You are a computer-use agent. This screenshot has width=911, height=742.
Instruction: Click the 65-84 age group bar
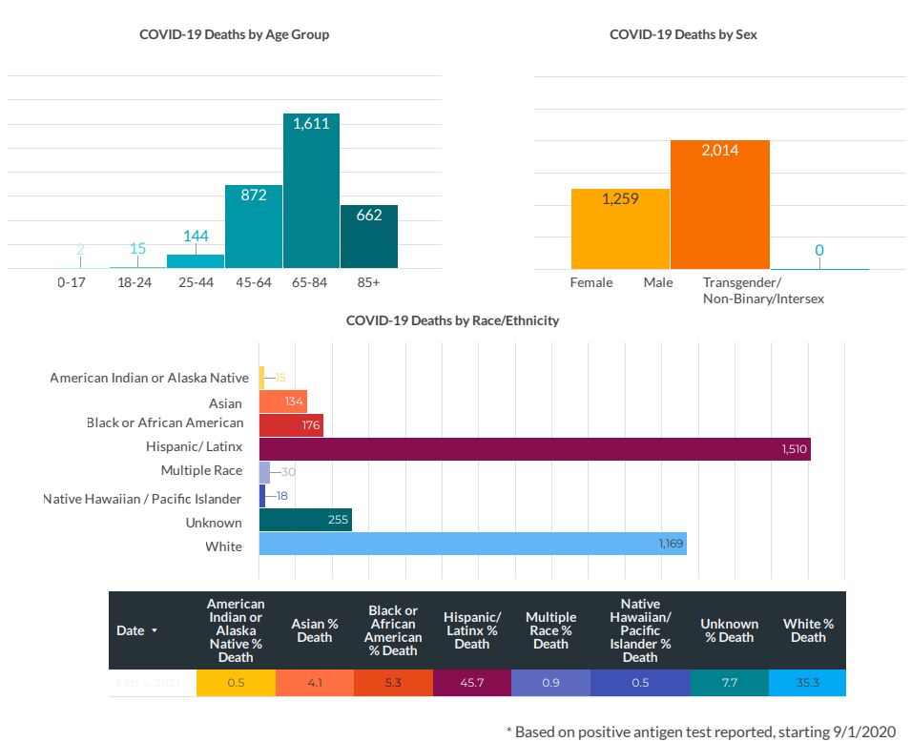(311, 191)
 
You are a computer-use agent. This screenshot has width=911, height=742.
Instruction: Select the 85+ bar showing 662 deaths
(368, 237)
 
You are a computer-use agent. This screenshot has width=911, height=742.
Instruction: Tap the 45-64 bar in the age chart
(253, 227)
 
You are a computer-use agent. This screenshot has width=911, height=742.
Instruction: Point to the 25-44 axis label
(196, 283)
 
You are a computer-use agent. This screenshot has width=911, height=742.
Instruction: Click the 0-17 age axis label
(72, 283)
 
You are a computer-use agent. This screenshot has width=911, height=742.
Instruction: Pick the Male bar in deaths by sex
(719, 205)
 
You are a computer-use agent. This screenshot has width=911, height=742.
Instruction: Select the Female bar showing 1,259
(620, 229)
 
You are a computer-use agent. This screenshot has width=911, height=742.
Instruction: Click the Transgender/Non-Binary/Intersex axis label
(762, 291)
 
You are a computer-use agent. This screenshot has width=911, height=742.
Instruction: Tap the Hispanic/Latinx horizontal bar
(534, 449)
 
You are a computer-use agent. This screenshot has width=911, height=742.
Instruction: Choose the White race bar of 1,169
(472, 544)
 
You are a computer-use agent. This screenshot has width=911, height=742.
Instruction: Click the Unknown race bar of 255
(305, 520)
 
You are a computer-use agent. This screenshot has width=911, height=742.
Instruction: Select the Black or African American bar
(291, 424)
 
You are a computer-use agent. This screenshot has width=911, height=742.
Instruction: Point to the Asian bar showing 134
(282, 402)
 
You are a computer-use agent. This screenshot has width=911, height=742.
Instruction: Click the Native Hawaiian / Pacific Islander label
(142, 498)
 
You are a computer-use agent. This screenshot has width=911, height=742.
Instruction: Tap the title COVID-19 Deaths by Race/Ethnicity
(452, 320)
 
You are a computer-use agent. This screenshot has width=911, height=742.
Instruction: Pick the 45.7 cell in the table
(471, 683)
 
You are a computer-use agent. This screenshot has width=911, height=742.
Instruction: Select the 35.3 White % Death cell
(807, 683)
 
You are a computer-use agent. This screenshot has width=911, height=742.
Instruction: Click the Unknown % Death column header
(730, 630)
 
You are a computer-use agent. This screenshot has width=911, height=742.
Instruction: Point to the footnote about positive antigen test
(701, 732)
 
